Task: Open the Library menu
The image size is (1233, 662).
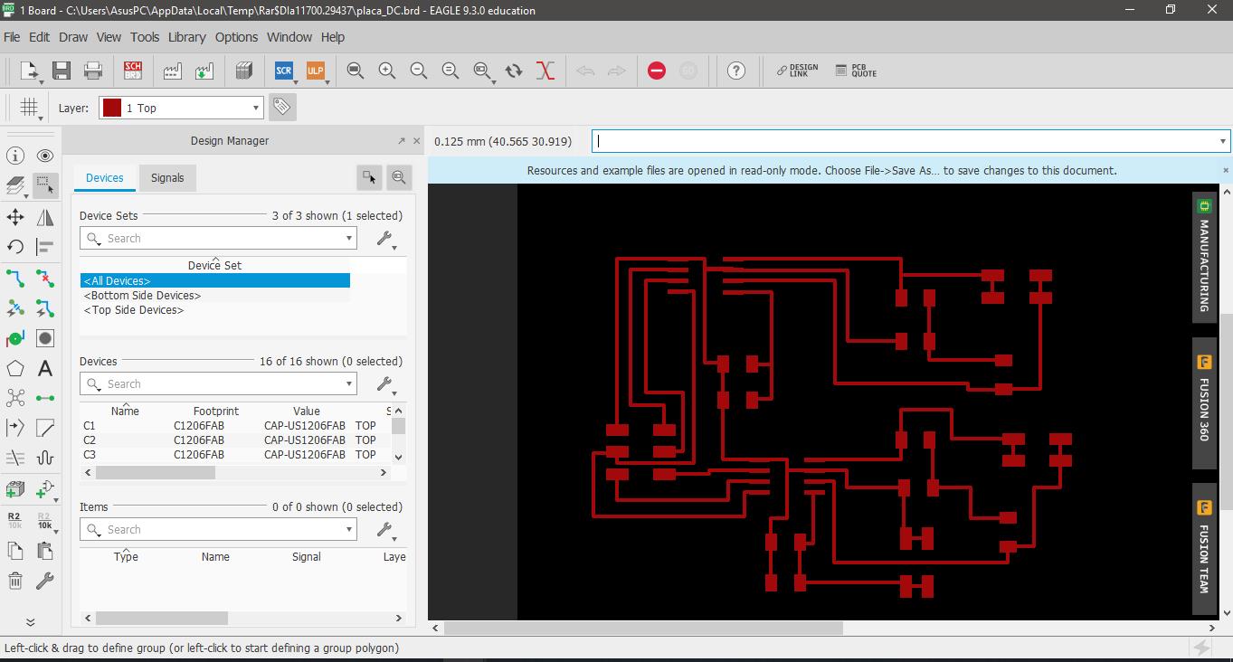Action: pos(186,37)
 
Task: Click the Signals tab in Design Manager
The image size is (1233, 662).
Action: pos(167,178)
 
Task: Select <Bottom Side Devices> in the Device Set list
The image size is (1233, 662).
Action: pos(142,296)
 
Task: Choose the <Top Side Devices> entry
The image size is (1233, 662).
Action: pos(133,310)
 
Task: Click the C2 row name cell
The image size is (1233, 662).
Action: pos(90,440)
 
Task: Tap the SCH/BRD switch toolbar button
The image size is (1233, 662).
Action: pos(133,71)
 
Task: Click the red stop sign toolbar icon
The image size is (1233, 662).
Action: pos(656,71)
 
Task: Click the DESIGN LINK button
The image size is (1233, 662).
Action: pos(797,71)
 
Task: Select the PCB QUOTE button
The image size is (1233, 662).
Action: pos(856,71)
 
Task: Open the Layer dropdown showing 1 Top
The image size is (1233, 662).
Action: pos(181,108)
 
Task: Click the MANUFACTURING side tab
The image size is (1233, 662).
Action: pos(1204,258)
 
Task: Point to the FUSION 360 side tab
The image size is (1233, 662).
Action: pos(1204,402)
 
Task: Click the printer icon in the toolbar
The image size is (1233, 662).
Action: pos(92,71)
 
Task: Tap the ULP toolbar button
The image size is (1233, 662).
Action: pos(316,71)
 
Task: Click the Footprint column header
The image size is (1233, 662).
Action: pos(216,411)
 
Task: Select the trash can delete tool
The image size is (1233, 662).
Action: pos(15,581)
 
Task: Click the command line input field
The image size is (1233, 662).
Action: pos(908,141)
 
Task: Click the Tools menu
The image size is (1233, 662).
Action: pos(144,37)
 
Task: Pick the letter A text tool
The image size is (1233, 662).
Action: pos(45,368)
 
